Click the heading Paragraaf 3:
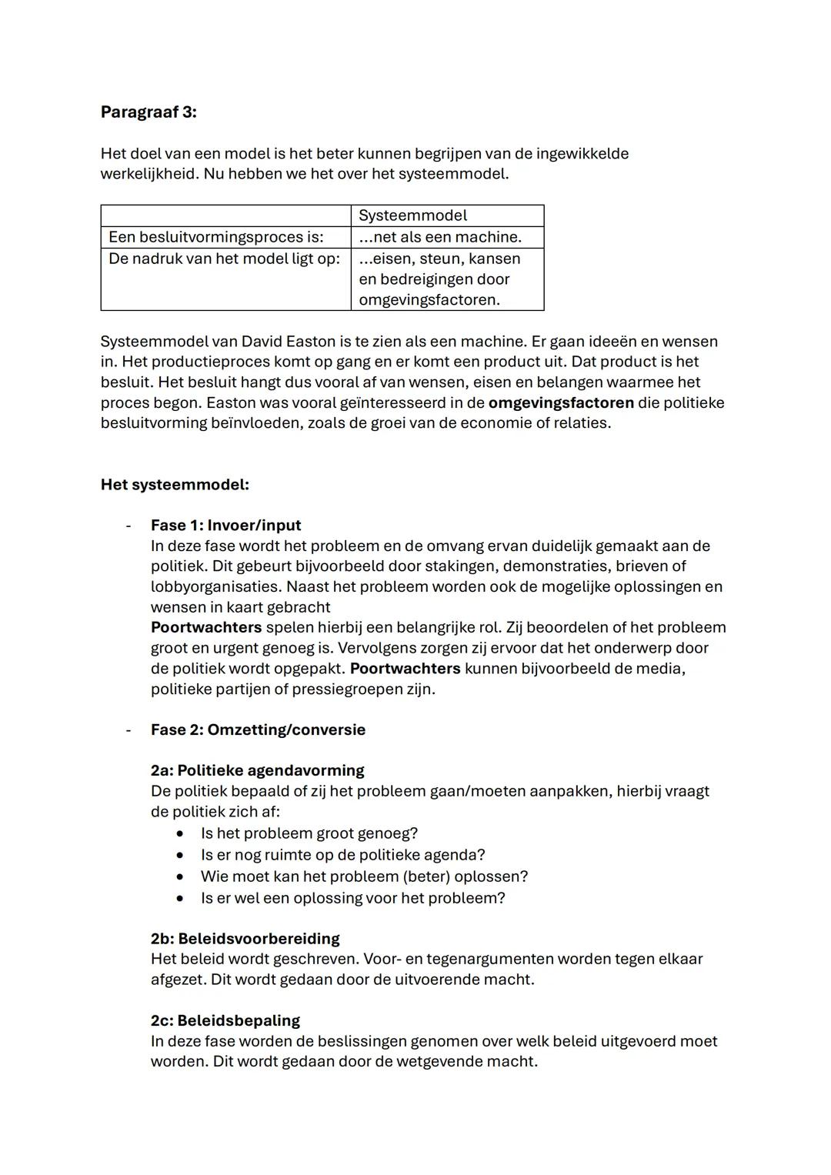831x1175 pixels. click(149, 112)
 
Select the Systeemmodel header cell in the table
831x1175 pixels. click(446, 215)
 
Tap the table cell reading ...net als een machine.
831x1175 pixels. click(446, 237)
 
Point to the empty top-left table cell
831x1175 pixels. click(225, 215)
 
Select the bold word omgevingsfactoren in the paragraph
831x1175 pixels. click(561, 402)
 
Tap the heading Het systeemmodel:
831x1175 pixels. click(175, 485)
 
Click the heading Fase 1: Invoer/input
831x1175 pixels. click(225, 526)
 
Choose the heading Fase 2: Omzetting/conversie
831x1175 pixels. click(258, 729)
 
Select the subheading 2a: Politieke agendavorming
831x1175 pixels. click(257, 770)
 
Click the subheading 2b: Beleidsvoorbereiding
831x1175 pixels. click(245, 939)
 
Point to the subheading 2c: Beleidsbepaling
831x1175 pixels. click(225, 1020)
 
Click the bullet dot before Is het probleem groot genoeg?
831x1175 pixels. click(180, 833)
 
